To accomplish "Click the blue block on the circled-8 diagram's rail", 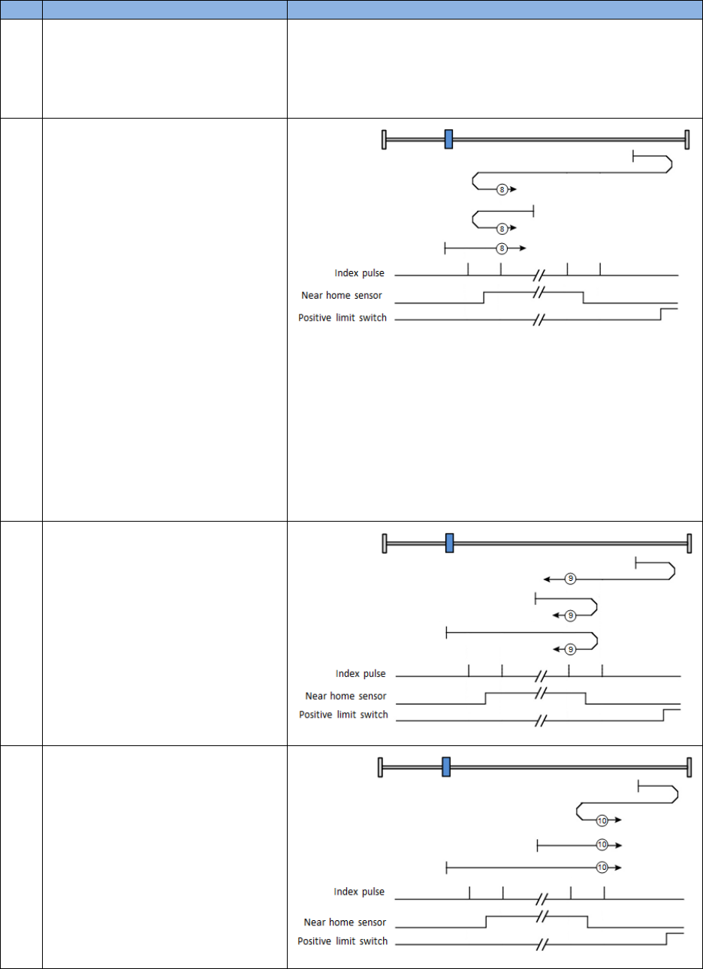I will coord(448,139).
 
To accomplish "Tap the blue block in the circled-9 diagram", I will coord(449,543).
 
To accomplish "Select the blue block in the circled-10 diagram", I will coord(446,766).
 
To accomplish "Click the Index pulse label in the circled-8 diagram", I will coord(360,273).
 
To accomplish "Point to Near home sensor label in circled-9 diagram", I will coord(345,696).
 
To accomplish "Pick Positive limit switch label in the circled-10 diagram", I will coord(342,941).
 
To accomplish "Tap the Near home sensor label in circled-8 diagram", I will coord(342,295).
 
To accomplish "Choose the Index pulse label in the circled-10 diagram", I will coord(359,892).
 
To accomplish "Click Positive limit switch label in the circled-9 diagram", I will coord(343,714).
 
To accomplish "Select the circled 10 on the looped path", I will coord(602,820).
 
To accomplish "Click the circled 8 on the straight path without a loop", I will coord(502,247).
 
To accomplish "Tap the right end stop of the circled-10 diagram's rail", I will coord(689,766).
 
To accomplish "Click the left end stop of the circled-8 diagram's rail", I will coord(384,139).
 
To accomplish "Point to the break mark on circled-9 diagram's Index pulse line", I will coord(539,676).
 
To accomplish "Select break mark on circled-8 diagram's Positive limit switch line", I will coord(538,320).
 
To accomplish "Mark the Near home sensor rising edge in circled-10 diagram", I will coord(487,922).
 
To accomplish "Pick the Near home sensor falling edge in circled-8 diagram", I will coord(584,297).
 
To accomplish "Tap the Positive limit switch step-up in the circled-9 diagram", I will coord(663,715).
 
